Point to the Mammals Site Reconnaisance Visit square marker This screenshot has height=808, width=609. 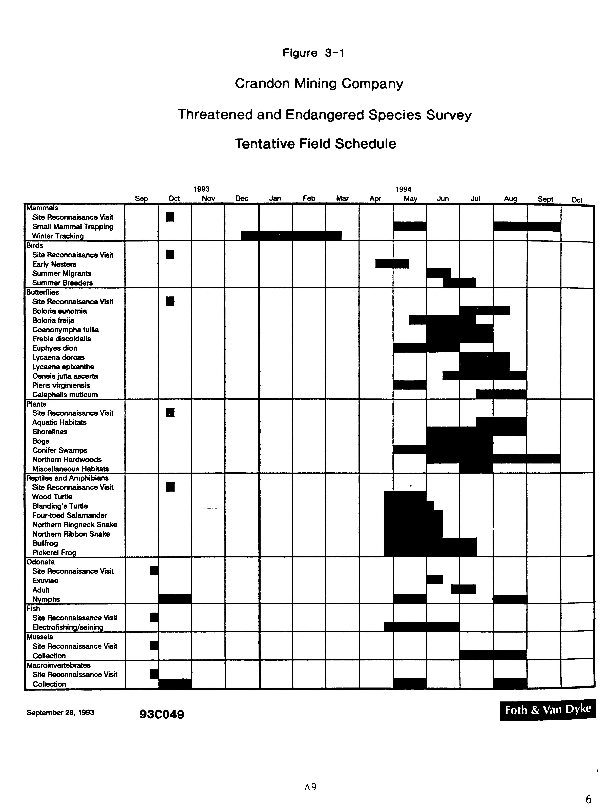[170, 217]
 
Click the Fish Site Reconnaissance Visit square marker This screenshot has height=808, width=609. [154, 617]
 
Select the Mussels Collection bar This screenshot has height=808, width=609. [493, 655]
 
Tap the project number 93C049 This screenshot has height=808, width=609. [162, 714]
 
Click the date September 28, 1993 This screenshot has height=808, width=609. [60, 712]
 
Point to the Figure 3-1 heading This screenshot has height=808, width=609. [313, 53]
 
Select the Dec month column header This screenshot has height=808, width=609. [242, 198]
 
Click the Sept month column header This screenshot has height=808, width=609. [545, 199]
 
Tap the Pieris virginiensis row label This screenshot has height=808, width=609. [61, 385]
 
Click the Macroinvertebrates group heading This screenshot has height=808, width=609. [58, 665]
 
